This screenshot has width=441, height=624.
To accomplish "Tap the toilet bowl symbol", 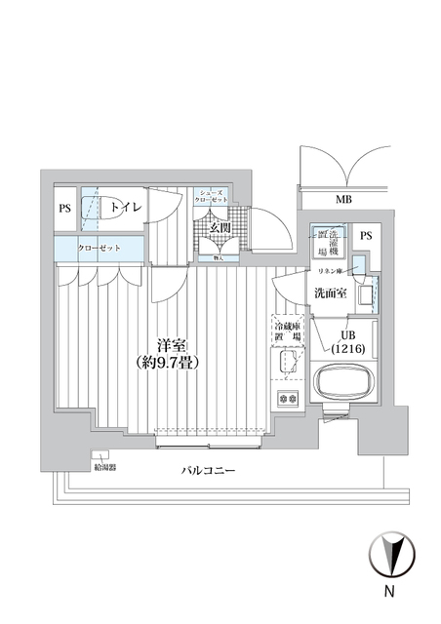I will (x=91, y=208).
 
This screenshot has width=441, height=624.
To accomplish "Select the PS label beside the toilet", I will (x=64, y=208).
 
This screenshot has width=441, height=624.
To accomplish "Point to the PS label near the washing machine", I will (x=366, y=236).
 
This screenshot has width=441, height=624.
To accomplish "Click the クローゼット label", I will (x=100, y=249).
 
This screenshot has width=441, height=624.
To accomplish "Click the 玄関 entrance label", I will (x=220, y=228).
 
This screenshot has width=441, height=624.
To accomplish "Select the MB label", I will (x=344, y=201).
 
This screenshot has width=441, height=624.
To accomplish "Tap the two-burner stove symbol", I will (x=288, y=398).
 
